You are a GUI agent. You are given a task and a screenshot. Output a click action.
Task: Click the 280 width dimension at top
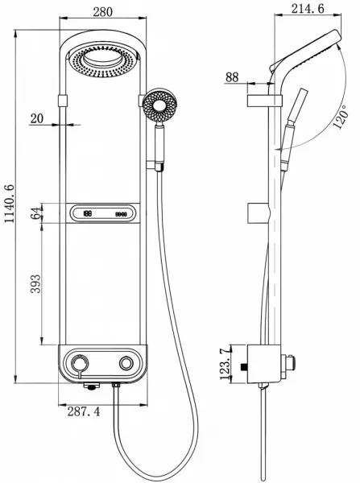pyautogui.click(x=102, y=12)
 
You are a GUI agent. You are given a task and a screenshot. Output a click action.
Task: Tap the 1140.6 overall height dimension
pyautogui.click(x=9, y=204)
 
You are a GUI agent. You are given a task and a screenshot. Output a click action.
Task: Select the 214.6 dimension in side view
pyautogui.click(x=308, y=8)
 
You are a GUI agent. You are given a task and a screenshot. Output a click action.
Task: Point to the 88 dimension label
pyautogui.click(x=232, y=77)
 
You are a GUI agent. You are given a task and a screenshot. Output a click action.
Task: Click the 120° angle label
pyautogui.click(x=341, y=117)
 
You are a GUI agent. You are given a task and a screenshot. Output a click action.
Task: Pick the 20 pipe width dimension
pyautogui.click(x=37, y=118)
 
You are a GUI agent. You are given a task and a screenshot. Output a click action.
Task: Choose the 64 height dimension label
pyautogui.click(x=35, y=213)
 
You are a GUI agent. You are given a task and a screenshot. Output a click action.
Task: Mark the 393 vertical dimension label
pyautogui.click(x=35, y=283)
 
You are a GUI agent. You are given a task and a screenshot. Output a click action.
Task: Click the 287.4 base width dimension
pyautogui.click(x=84, y=411)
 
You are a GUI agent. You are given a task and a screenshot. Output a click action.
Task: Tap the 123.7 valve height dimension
pyautogui.click(x=226, y=364)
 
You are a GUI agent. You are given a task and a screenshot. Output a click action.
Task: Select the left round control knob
pyautogui.click(x=81, y=363)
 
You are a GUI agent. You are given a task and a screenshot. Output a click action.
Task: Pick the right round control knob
pyautogui.click(x=126, y=364)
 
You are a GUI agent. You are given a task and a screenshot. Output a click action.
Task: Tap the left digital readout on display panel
pyautogui.click(x=88, y=213)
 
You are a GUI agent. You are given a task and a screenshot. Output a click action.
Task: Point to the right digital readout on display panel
pyautogui.click(x=121, y=214)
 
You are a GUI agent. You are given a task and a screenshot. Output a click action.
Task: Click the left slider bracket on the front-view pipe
pyautogui.click(x=63, y=101)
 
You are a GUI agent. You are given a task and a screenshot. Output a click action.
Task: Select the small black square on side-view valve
pyautogui.click(x=244, y=366)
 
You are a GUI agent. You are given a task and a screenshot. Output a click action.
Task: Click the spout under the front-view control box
pyautogui.click(x=92, y=386)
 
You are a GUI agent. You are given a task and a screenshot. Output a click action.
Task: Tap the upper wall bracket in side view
pyautogui.click(x=264, y=101)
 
